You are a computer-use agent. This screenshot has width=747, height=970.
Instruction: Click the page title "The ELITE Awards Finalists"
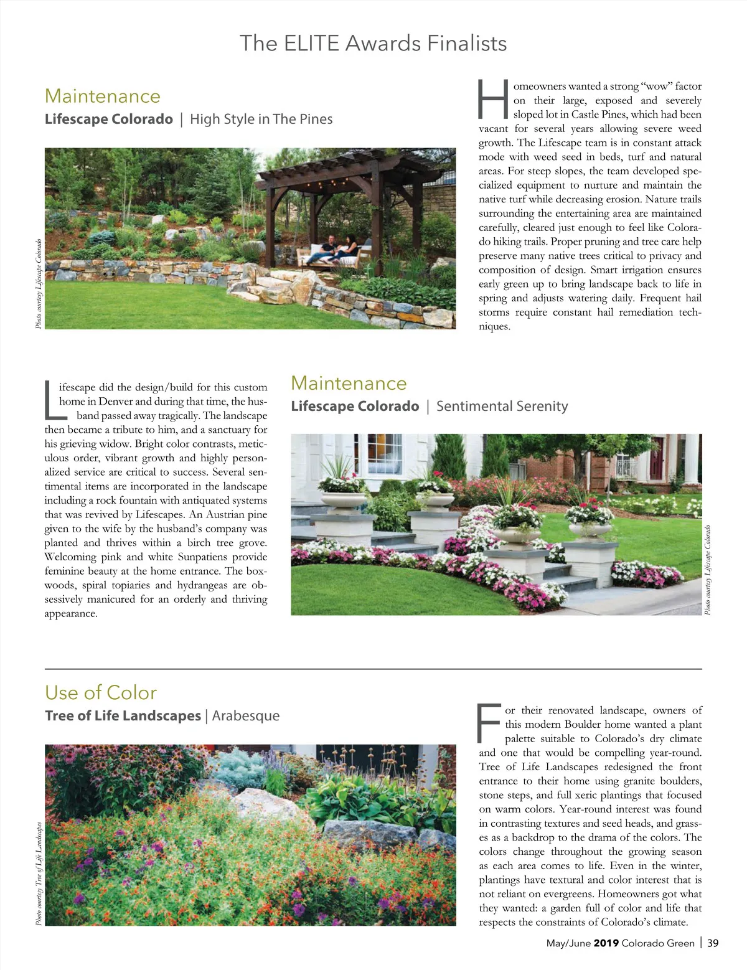click(373, 44)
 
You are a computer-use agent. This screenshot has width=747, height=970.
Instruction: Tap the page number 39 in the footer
click(713, 943)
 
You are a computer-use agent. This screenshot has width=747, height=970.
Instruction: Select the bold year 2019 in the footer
click(606, 943)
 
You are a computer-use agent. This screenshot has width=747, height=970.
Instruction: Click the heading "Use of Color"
click(101, 693)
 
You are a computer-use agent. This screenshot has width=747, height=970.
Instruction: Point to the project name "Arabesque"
click(246, 716)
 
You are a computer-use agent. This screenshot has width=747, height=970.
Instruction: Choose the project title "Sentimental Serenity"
click(502, 407)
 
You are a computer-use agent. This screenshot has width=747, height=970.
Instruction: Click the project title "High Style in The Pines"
click(261, 120)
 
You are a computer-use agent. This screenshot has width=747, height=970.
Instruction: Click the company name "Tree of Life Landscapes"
click(123, 716)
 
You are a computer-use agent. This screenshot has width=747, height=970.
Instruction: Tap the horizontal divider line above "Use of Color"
click(373, 669)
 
